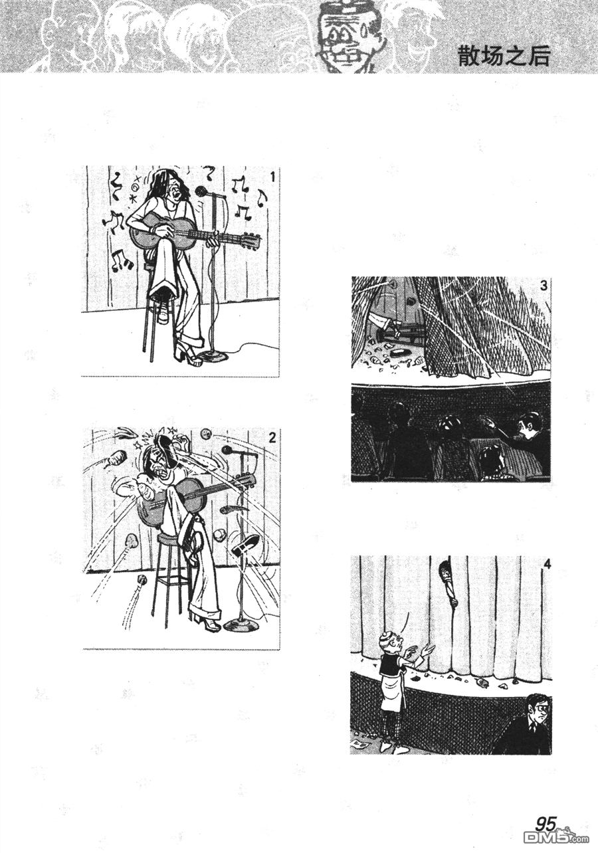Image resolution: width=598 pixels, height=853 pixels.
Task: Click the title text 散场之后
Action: click(x=504, y=56)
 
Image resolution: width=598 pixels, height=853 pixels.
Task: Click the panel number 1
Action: click(x=272, y=176)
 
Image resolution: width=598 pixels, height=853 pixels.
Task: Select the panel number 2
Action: click(x=271, y=437)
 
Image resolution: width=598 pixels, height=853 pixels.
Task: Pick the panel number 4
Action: click(x=546, y=565)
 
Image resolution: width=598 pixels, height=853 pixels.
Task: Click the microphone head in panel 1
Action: click(x=202, y=192)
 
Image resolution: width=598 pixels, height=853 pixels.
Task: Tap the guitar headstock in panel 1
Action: click(x=250, y=239)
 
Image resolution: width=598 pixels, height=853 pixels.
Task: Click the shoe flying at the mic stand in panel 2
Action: click(x=245, y=546)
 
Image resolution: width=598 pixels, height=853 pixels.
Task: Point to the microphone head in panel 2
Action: click(x=227, y=450)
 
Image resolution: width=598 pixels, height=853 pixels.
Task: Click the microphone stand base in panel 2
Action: click(x=240, y=625)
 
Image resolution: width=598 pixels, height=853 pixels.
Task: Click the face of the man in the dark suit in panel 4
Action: click(x=536, y=710)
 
